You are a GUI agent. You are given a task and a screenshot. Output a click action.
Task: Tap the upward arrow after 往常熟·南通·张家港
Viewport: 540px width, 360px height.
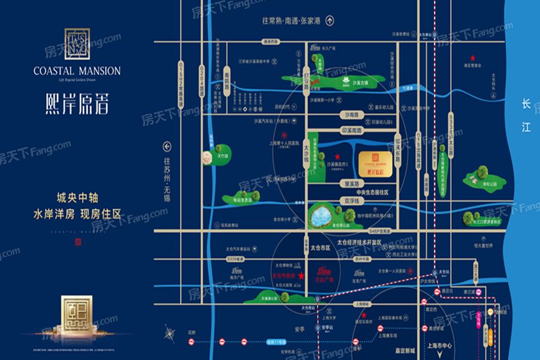(x=329, y=20)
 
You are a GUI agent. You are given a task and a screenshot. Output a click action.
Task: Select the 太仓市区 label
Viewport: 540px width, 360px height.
(x=320, y=247)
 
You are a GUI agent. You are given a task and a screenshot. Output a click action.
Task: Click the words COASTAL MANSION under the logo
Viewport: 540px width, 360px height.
(x=77, y=71)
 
